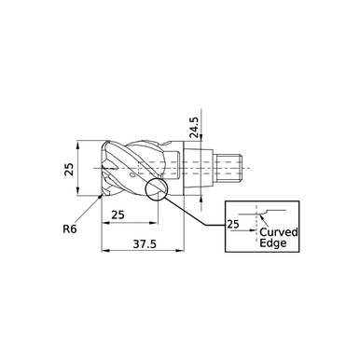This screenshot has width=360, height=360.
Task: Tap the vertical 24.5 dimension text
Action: click(x=193, y=127)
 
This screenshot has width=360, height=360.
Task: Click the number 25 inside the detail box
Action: click(x=233, y=225)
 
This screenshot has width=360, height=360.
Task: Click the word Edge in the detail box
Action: click(x=273, y=244)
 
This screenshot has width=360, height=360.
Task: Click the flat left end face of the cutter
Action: click(x=102, y=171)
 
